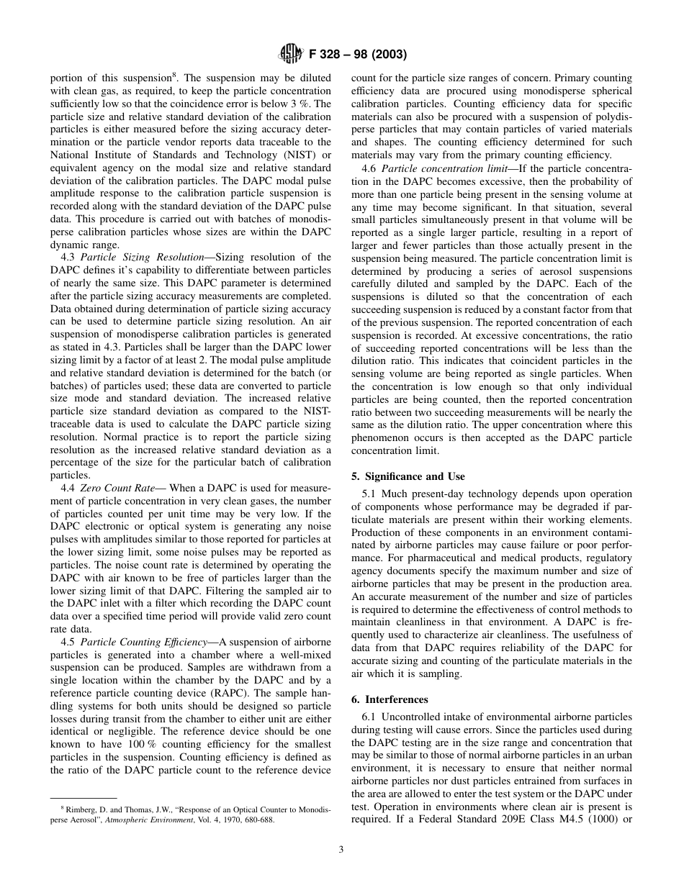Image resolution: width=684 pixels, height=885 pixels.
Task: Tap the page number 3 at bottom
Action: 341,850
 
